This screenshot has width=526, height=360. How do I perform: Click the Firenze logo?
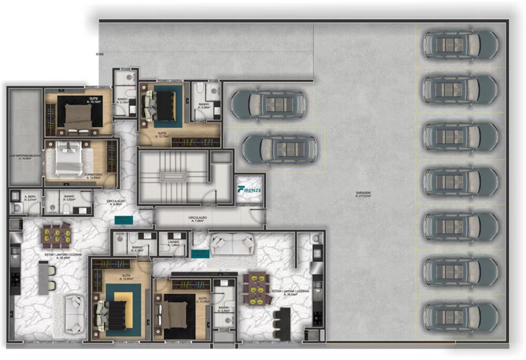(249, 189)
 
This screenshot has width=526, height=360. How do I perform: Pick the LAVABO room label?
(174, 243)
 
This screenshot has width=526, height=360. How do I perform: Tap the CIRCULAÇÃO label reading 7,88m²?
(197, 219)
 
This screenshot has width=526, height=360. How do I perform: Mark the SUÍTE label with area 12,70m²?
(161, 135)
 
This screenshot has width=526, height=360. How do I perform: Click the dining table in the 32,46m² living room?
(56, 235)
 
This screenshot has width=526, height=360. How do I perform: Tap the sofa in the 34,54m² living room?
(232, 244)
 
